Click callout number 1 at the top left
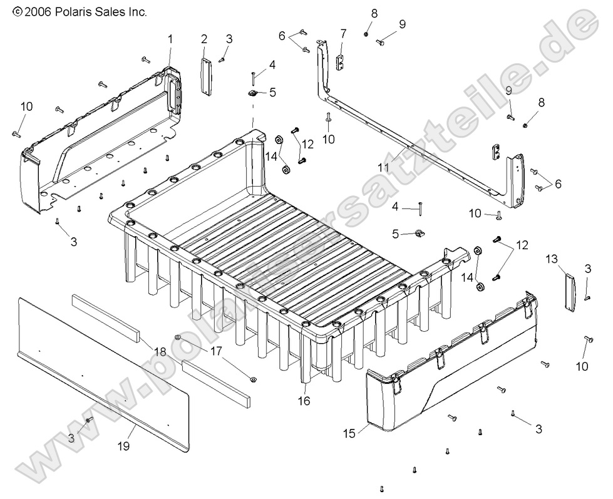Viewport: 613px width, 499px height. (x=170, y=39)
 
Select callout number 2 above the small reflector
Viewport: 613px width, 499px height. (x=204, y=39)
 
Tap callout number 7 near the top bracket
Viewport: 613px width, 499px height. (x=343, y=33)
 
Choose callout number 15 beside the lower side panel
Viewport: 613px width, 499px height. (x=349, y=432)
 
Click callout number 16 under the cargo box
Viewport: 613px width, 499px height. (x=304, y=401)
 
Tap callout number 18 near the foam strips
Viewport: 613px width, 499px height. (x=160, y=352)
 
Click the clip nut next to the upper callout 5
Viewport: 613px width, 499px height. (x=252, y=94)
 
